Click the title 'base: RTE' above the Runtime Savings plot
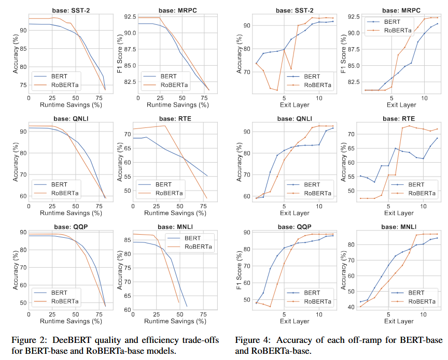175,119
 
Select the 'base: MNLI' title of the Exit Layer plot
399,227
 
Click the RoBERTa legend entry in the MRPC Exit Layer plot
389,30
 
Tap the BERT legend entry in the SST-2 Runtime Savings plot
51,76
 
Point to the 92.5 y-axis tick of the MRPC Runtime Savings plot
130,17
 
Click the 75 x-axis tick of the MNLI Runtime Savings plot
203,314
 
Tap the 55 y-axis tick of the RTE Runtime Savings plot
128,177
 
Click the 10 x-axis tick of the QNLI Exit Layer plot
319,206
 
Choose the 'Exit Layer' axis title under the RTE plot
399,213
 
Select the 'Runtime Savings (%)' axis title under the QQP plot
71,321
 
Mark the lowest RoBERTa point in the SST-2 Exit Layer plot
277,90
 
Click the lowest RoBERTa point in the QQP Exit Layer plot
270,307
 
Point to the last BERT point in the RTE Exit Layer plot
437,138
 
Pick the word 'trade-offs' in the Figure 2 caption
201,340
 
